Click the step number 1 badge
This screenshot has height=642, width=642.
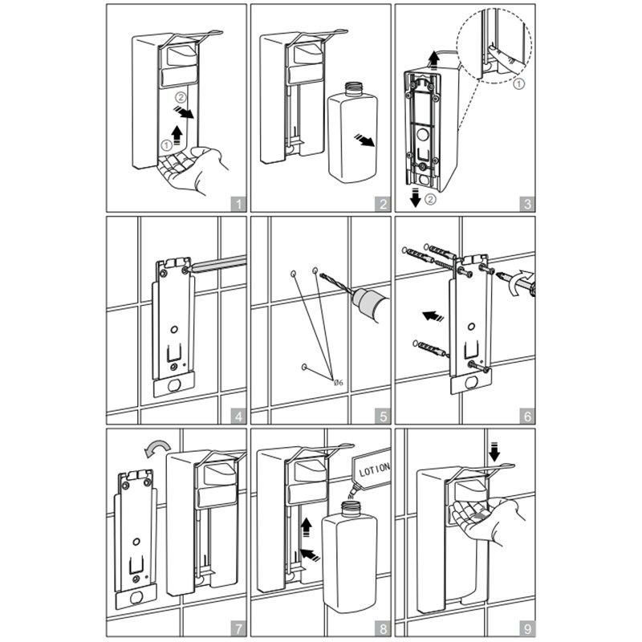pos(238,204)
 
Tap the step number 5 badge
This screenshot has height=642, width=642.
pos(383,416)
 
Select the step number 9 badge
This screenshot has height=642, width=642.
pos(527,628)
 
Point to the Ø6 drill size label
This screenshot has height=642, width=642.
pos(338,383)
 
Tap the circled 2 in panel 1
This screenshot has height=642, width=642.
pos(181,97)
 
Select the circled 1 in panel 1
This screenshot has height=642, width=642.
pos(166,144)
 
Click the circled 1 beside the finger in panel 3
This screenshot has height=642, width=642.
pos(518,84)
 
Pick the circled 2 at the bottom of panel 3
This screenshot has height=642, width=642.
pos(430,199)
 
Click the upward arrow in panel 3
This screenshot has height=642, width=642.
pos(434,62)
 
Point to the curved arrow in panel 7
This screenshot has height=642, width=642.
pos(158,446)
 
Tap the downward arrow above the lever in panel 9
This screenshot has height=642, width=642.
pos(494,452)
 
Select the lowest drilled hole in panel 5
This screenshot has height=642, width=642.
pos(304,367)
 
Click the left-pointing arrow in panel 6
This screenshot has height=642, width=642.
pos(433,316)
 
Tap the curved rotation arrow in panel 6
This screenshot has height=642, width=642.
pos(518,282)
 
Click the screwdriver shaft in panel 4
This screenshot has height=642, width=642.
pos(219,263)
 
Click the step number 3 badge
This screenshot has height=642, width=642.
pos(527,204)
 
